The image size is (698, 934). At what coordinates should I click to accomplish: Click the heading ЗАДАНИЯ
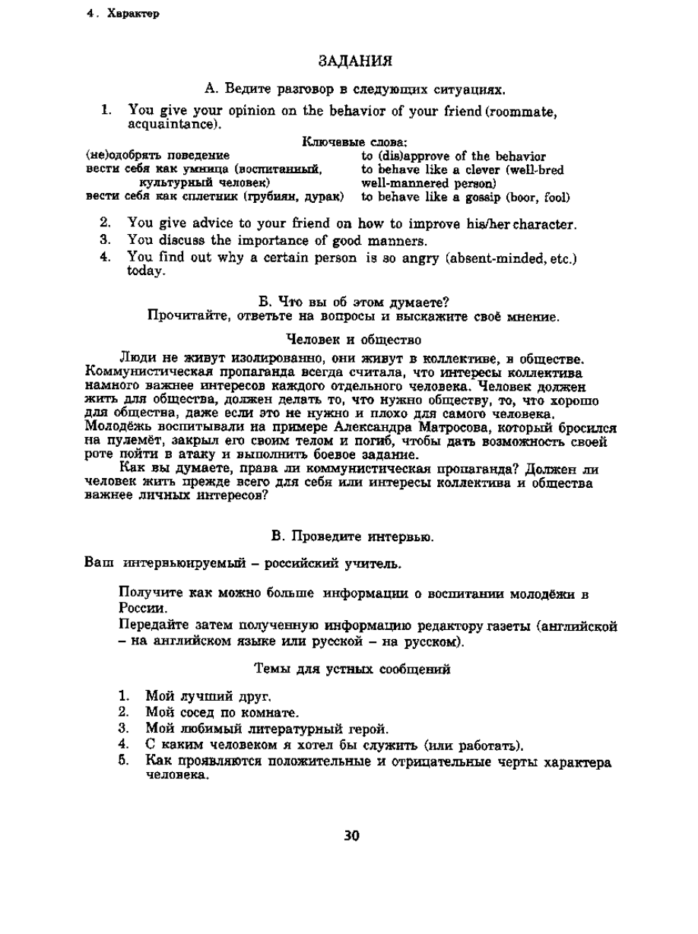click(x=354, y=60)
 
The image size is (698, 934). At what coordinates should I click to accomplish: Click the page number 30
click(x=351, y=836)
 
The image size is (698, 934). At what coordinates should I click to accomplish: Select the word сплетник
click(x=210, y=197)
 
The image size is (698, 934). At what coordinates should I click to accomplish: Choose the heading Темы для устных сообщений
click(x=351, y=670)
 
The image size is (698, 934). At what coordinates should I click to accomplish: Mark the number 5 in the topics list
click(x=122, y=761)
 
